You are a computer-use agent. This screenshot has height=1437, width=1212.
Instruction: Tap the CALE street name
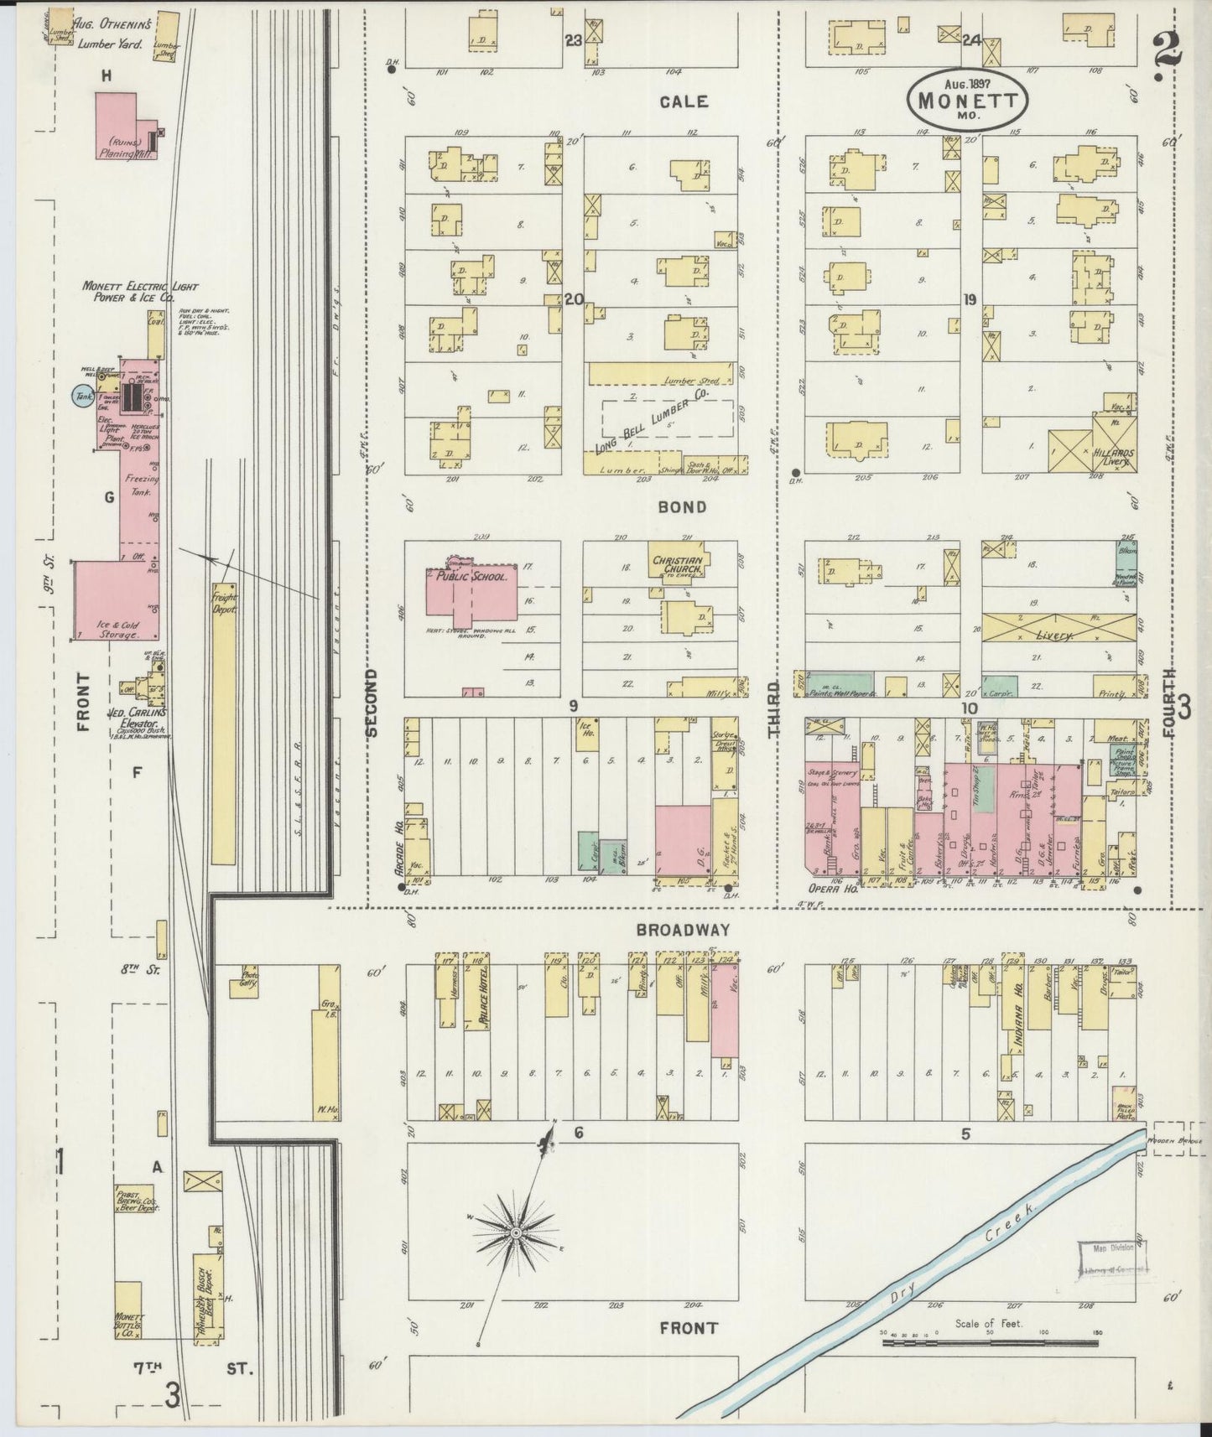(x=684, y=101)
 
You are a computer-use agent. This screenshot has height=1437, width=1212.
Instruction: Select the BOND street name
(x=681, y=506)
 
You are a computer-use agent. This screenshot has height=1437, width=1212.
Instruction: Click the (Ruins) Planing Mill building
(x=126, y=126)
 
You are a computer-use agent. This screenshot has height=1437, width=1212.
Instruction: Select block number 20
(x=574, y=299)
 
